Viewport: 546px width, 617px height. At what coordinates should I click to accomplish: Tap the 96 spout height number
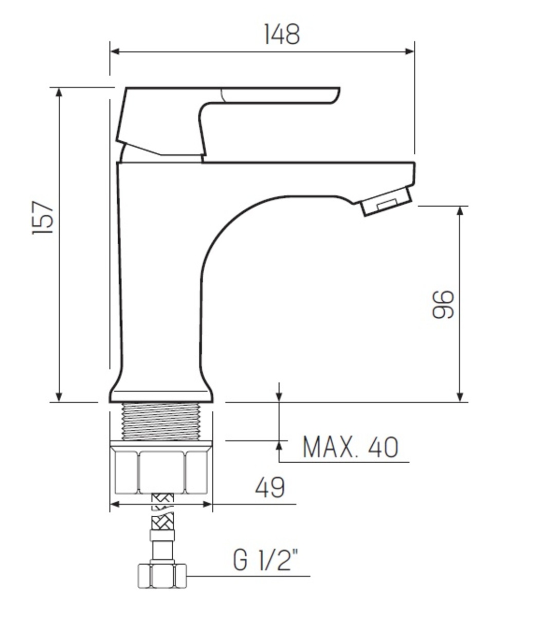coord(443,304)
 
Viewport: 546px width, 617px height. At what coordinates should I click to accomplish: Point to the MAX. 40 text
coord(350,447)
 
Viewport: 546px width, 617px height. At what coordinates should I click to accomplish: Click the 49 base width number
coord(269,487)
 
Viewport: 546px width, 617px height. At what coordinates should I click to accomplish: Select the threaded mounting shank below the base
coord(161,421)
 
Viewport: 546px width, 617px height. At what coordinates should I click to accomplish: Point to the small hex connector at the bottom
coord(162,575)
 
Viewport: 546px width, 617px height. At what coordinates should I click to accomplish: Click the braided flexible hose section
coord(162,514)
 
